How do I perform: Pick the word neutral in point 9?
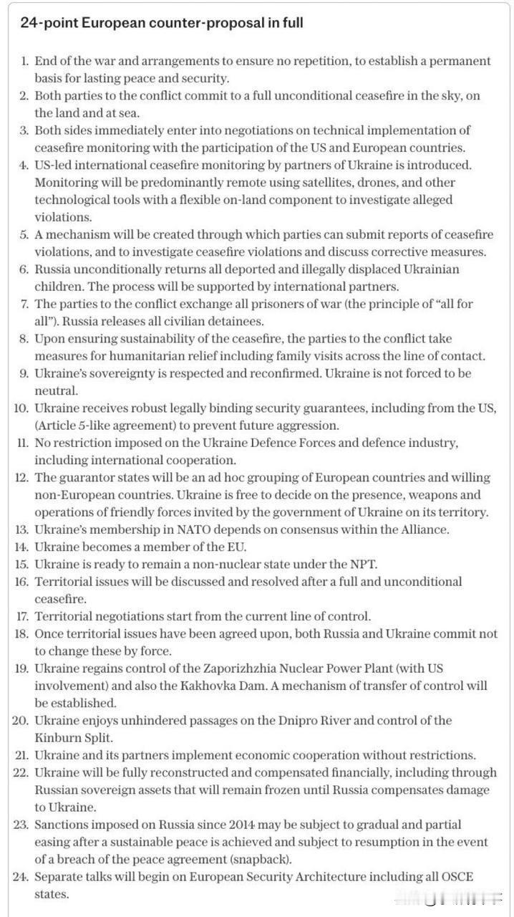coord(55,390)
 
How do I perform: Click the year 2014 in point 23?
coord(243,825)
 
